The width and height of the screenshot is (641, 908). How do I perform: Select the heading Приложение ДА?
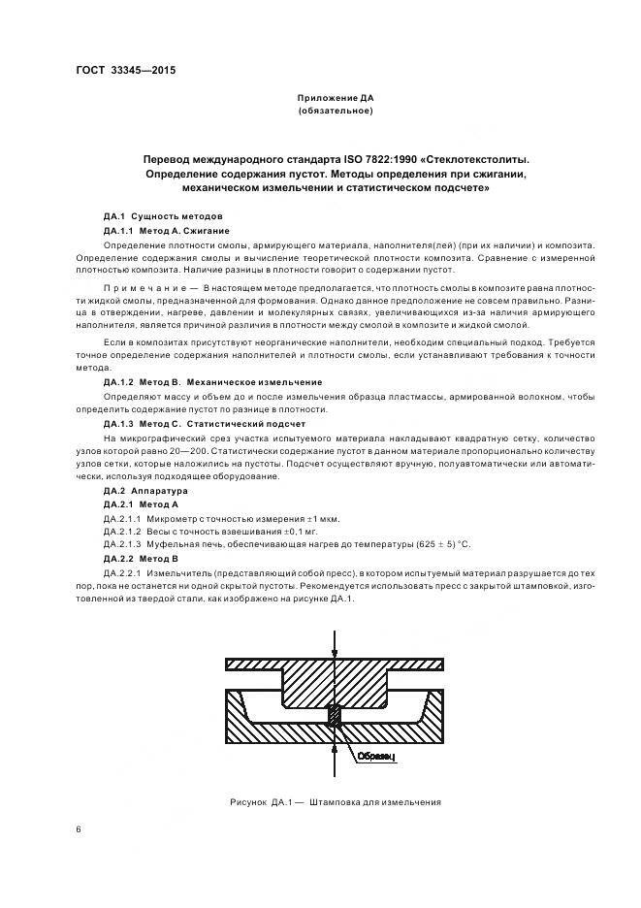click(335, 98)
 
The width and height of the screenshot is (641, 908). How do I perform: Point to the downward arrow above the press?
click(335, 642)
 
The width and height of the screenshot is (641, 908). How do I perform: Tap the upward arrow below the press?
click(335, 766)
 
